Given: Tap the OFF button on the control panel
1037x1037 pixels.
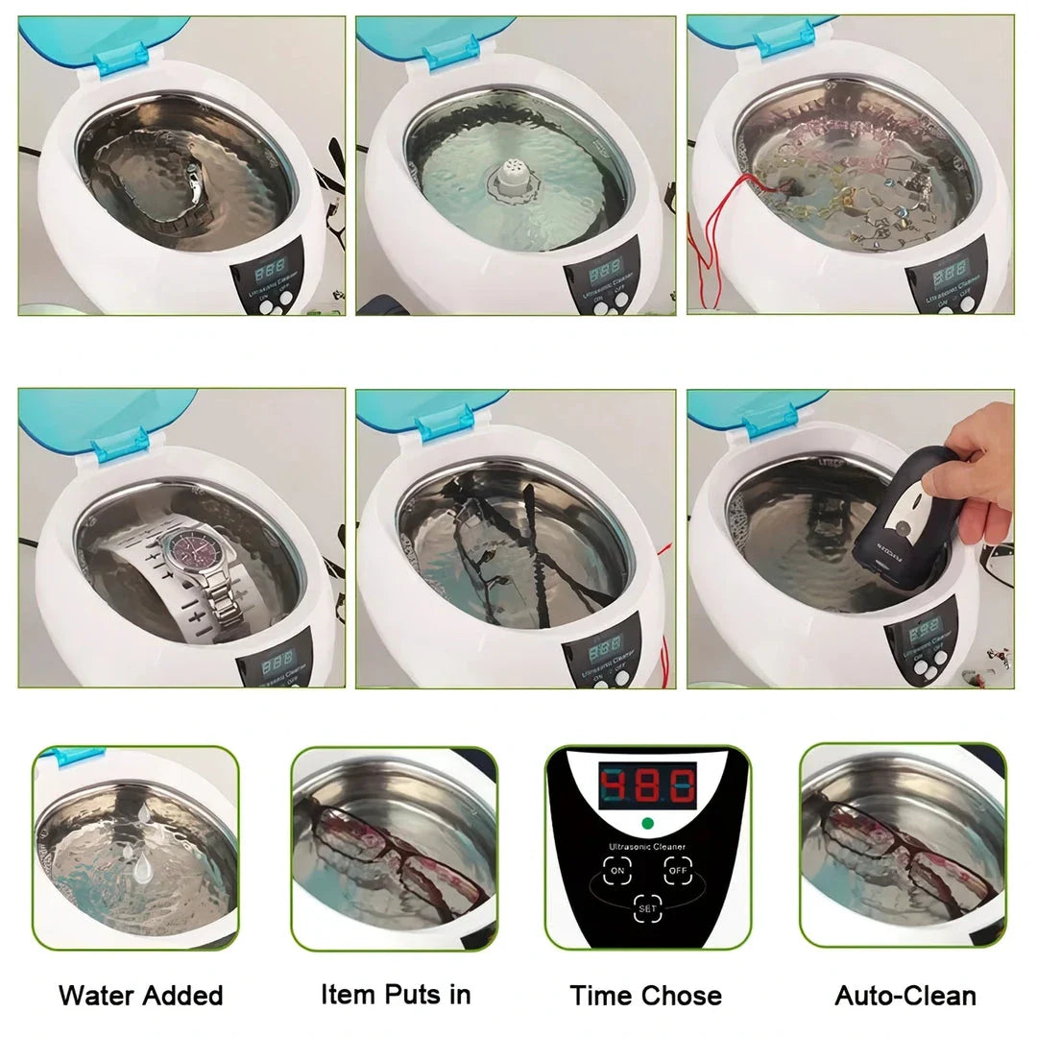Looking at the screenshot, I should [679, 871].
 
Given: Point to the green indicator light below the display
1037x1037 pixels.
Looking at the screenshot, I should [646, 824].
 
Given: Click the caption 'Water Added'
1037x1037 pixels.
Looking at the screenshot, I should [140, 995].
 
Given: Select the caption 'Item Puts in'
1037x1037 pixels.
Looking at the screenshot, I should [396, 994].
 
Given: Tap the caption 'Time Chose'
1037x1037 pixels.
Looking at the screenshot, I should [645, 995].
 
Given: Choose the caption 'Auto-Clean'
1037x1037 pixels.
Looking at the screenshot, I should [904, 995].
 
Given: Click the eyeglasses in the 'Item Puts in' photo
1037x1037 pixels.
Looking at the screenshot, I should [394, 855].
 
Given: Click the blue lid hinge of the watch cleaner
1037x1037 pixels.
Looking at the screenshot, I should [120, 444].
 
